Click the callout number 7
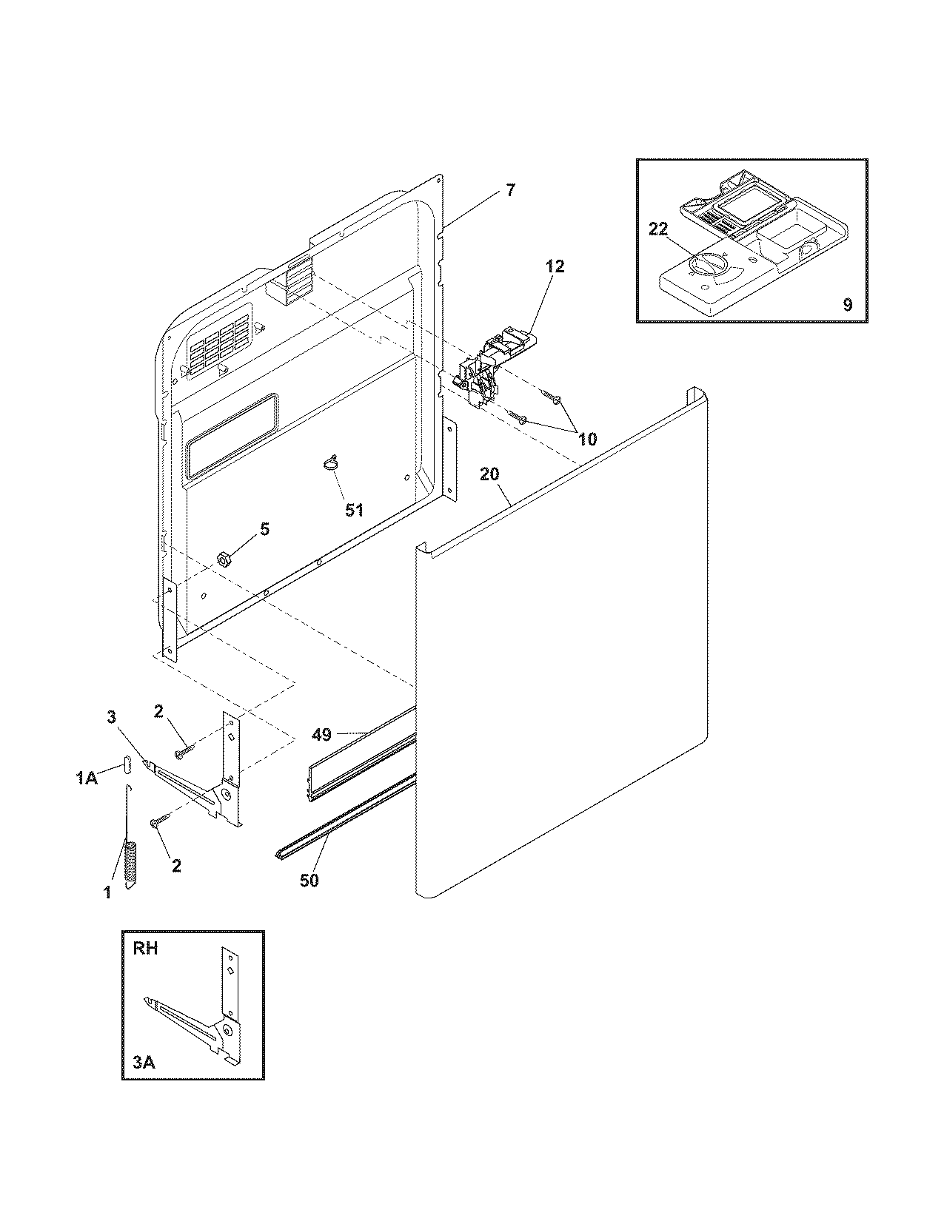pyautogui.click(x=510, y=190)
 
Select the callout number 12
pyautogui.click(x=555, y=266)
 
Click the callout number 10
pyautogui.click(x=587, y=440)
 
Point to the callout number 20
pyautogui.click(x=489, y=474)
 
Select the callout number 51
pyautogui.click(x=355, y=510)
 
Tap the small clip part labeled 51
pyautogui.click(x=330, y=463)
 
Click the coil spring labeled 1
pyautogui.click(x=132, y=864)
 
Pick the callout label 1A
pyautogui.click(x=87, y=778)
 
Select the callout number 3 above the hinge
pyautogui.click(x=112, y=717)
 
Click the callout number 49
pyautogui.click(x=321, y=735)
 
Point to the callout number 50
pyautogui.click(x=309, y=881)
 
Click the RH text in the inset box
pyautogui.click(x=146, y=949)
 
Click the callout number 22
pyautogui.click(x=658, y=229)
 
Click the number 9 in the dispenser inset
pyautogui.click(x=847, y=304)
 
